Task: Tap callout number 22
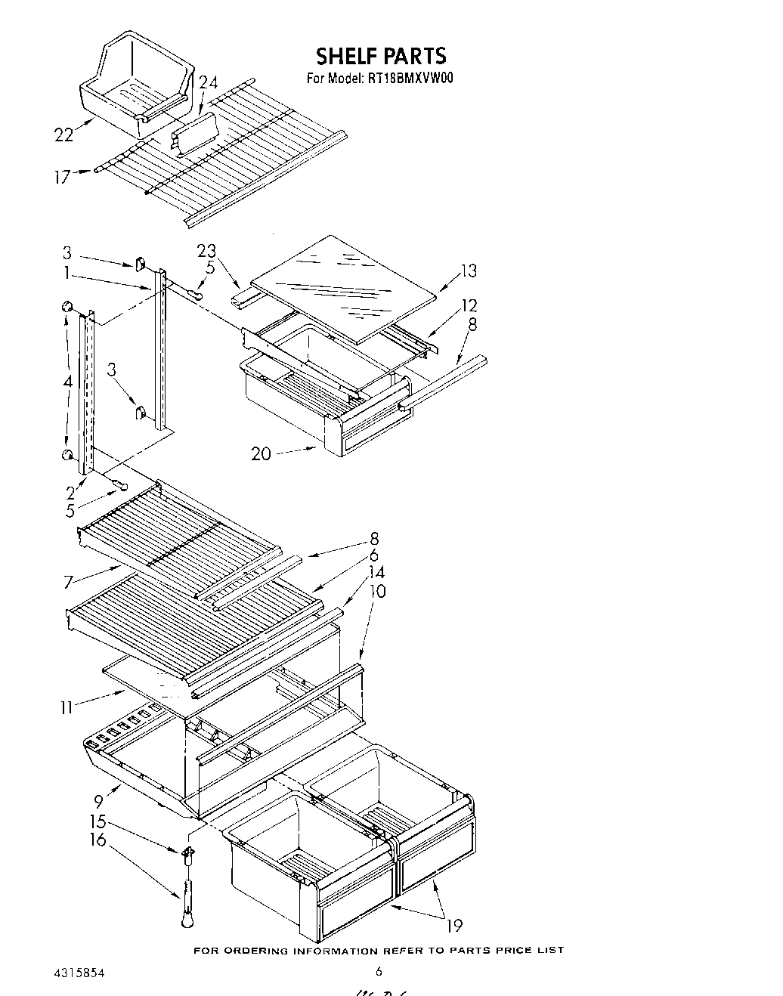[63, 135]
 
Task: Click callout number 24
[208, 83]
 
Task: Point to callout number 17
[63, 177]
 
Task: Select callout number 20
[262, 453]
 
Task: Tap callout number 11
[68, 707]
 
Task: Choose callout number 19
[454, 924]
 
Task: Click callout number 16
[98, 840]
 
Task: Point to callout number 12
[469, 305]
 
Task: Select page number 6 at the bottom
[379, 972]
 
